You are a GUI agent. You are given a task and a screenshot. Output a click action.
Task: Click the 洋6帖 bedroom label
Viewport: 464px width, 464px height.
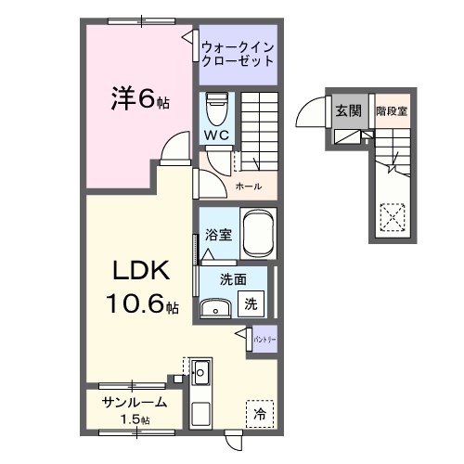point(139,96)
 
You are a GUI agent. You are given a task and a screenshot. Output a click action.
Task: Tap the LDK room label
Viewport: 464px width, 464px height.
point(140,270)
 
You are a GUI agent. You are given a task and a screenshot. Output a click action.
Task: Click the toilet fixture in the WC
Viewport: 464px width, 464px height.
point(216,110)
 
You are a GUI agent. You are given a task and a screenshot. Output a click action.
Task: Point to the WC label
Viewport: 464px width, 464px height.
point(216,135)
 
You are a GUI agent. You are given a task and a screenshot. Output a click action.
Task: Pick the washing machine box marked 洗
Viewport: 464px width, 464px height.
point(251,303)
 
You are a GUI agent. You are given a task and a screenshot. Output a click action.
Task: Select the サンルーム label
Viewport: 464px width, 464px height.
point(135,403)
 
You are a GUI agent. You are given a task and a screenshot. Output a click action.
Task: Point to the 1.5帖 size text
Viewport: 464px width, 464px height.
point(135,419)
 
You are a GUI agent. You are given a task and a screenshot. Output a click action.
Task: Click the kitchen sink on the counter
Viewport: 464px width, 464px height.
point(200,373)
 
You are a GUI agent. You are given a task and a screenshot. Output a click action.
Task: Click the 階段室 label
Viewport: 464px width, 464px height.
point(391,111)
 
